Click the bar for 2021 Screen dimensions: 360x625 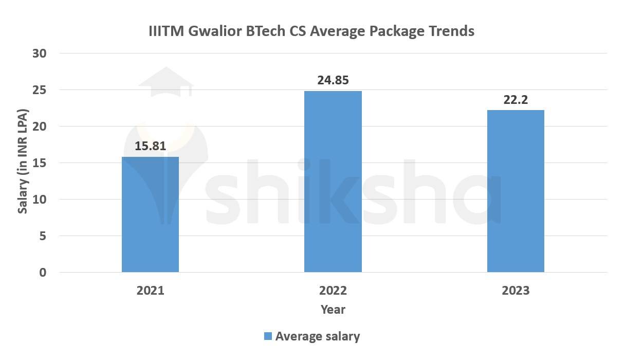tap(150, 214)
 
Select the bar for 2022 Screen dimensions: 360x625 tap(333, 182)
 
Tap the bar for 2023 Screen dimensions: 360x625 tap(516, 191)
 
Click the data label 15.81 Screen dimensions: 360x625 tap(150, 146)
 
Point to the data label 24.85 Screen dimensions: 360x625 tap(333, 80)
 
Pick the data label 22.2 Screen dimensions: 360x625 tap(516, 100)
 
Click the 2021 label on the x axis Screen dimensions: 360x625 tap(150, 291)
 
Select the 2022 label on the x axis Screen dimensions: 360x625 tap(333, 291)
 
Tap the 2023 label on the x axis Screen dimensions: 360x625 tap(516, 291)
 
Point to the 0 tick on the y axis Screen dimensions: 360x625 tap(43, 273)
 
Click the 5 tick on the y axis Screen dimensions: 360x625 tap(43, 236)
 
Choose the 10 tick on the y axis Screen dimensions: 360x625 tap(40, 200)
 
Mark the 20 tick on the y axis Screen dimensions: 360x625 tap(40, 127)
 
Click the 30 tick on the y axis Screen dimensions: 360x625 tap(40, 53)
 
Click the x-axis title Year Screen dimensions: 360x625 tap(333, 310)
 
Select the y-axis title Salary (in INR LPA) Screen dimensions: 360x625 tap(23, 162)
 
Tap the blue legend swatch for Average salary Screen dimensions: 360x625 tap(268, 336)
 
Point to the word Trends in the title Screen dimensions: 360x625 tap(450, 31)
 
